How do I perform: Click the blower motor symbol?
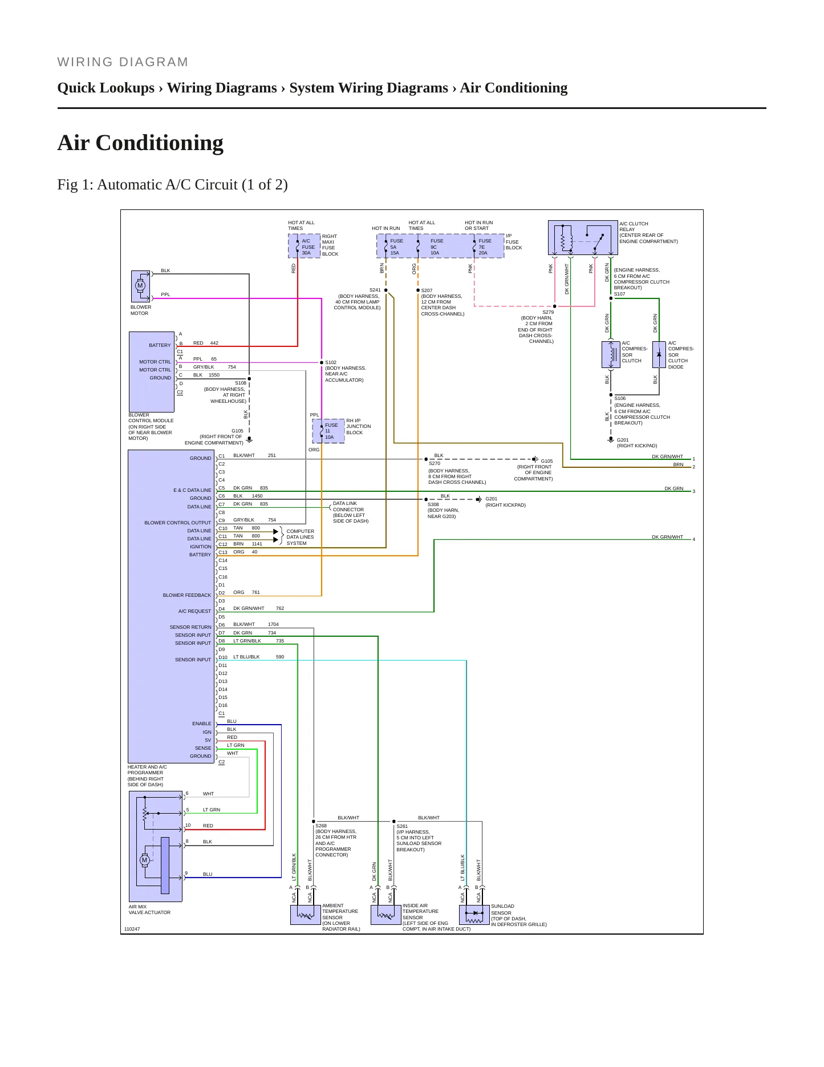tap(140, 286)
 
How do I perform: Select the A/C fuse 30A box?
tap(305, 246)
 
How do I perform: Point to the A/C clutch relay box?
tap(583, 238)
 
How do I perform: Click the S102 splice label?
tap(331, 362)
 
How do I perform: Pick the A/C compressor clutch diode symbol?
tap(659, 355)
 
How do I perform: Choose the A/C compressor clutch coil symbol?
tap(611, 355)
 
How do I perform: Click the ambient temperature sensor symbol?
tap(306, 915)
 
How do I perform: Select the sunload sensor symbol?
tap(474, 915)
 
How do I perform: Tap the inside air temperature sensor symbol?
tap(386, 915)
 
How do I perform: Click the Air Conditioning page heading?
tap(140, 143)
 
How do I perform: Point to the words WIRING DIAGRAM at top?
tap(123, 62)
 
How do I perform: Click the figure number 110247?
tap(132, 929)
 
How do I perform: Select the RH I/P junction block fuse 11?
tap(328, 431)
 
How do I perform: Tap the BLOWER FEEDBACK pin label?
tap(187, 595)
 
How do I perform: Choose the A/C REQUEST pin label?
tap(194, 611)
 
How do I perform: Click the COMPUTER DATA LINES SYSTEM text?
tap(300, 537)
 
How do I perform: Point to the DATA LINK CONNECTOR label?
tap(348, 507)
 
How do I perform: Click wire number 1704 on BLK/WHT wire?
tap(273, 624)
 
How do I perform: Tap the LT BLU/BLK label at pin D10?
tap(246, 657)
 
